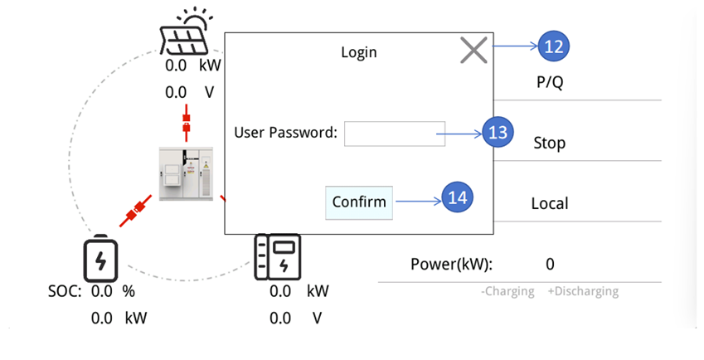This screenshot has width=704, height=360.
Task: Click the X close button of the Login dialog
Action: coord(473,51)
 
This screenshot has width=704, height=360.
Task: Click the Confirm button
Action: coord(359,202)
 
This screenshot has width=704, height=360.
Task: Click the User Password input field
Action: coord(395,133)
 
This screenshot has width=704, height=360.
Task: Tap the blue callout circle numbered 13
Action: coord(498,132)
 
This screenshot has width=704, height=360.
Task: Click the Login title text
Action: coord(359,52)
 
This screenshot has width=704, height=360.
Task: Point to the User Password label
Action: coord(285,132)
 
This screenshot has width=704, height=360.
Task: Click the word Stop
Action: coord(549,144)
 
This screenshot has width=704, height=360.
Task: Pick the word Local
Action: coord(549,204)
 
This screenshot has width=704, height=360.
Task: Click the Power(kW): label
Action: coord(451,265)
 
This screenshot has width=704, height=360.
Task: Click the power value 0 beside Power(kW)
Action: coord(550,265)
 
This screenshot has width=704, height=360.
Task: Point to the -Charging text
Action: coord(508,292)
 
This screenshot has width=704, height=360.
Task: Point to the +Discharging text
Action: coord(583,292)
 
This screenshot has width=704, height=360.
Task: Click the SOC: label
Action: coord(64,292)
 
